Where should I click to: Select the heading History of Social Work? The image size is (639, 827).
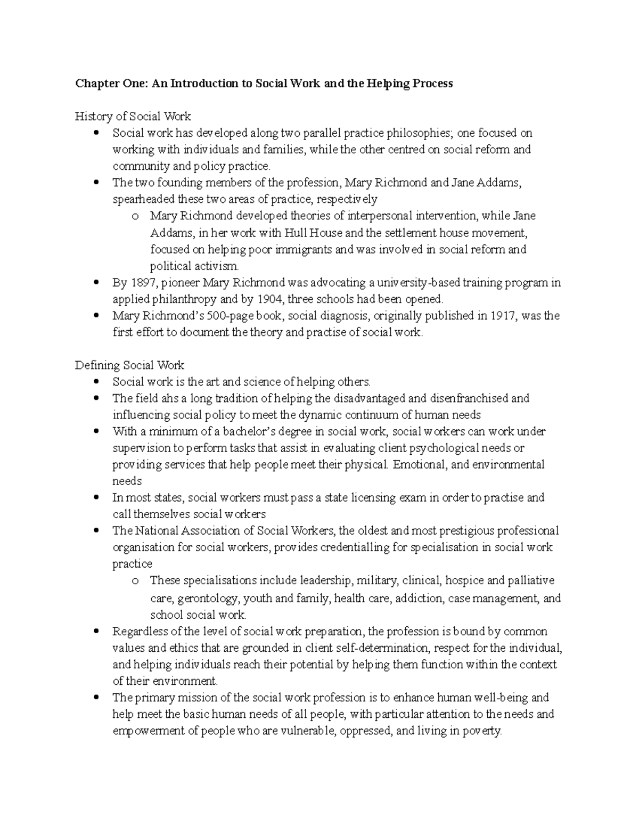click(133, 116)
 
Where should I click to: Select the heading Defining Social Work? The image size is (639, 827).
click(129, 365)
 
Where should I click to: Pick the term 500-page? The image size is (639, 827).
click(234, 316)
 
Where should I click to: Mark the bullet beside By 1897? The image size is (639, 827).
click(96, 283)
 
